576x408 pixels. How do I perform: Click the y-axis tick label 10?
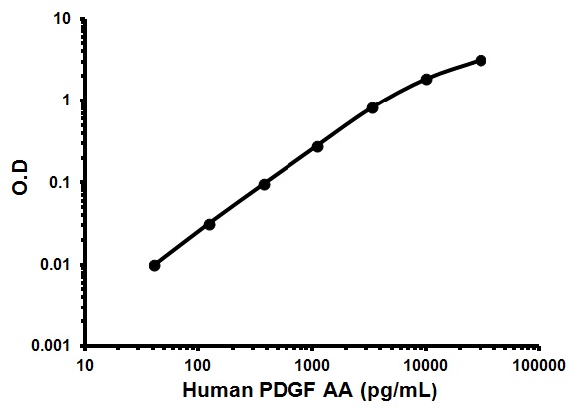point(62,19)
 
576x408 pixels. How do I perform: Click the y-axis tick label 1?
point(66,101)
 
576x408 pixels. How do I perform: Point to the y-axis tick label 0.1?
point(60,182)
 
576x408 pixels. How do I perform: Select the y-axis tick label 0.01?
point(56,265)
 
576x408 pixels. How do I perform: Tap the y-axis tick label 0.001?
point(52,346)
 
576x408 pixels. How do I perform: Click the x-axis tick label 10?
point(85,364)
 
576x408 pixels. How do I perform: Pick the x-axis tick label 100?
point(198,364)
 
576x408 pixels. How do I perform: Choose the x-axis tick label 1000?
point(312,364)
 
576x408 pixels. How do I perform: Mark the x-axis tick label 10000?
point(426,364)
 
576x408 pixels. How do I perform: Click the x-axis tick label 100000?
point(538,364)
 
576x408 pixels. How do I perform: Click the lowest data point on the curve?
point(154,266)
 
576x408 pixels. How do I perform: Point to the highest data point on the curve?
point(480,61)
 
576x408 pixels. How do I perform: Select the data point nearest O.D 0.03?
point(209,224)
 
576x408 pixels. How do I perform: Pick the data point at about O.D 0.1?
point(264,184)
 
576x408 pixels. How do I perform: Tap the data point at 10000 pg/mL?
point(427,79)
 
